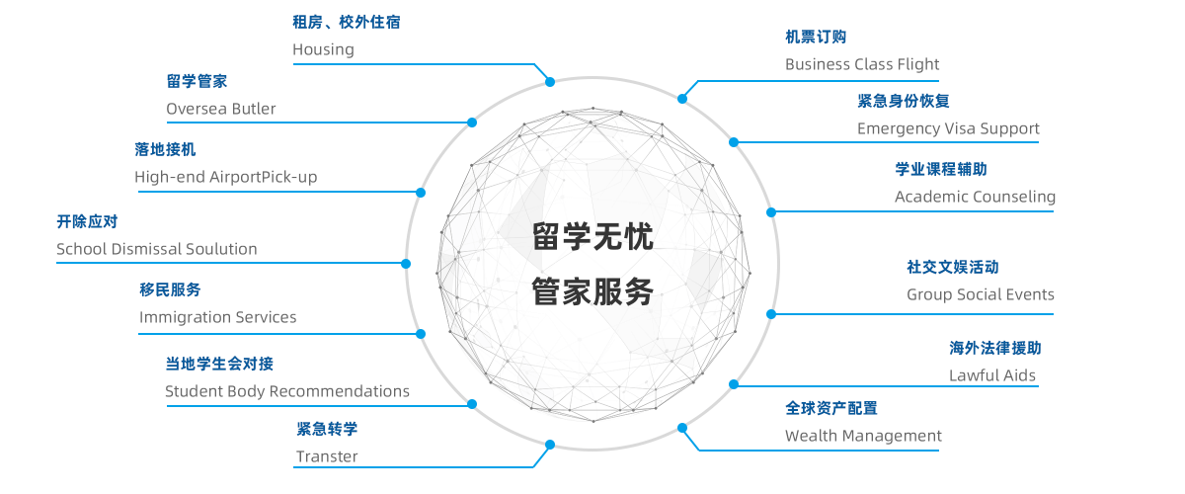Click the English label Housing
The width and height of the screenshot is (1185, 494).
[323, 49]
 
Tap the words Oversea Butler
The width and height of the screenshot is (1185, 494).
[220, 109]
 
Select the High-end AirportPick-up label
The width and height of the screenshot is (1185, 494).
[226, 177]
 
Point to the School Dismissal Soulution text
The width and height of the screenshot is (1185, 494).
[157, 249]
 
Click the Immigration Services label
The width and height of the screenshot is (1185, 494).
[217, 317]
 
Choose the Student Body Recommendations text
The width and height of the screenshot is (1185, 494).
[287, 391]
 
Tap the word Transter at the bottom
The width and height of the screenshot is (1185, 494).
[327, 456]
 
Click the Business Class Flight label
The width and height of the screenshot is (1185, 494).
[862, 64]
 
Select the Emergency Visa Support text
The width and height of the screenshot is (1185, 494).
[948, 128]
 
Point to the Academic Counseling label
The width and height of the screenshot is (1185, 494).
[975, 197]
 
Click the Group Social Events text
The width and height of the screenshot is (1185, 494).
[981, 294]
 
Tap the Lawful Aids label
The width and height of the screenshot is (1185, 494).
[991, 375]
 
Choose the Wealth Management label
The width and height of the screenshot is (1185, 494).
[863, 436]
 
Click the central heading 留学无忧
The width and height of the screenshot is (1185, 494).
[592, 236]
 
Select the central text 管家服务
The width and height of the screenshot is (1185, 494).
[592, 291]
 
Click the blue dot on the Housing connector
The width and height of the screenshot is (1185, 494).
[550, 82]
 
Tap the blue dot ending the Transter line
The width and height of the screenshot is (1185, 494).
[550, 445]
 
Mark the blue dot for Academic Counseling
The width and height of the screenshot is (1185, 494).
[771, 212]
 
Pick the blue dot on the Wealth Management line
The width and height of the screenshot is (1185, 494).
[682, 428]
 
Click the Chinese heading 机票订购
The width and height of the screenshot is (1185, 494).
[816, 38]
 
